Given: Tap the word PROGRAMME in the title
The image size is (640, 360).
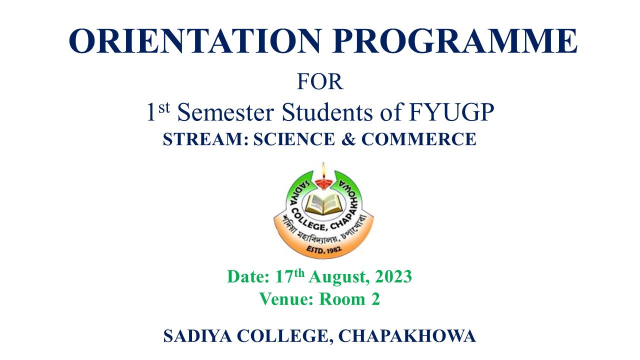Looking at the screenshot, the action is pyautogui.click(x=454, y=40).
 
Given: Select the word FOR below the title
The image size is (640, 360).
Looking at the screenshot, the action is pyautogui.click(x=320, y=82).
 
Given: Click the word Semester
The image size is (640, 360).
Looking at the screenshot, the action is pyautogui.click(x=225, y=112).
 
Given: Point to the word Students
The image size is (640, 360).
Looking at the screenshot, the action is pyautogui.click(x=327, y=112).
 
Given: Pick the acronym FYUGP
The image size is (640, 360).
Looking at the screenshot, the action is pyautogui.click(x=451, y=112).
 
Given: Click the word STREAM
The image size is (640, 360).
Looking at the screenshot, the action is pyautogui.click(x=205, y=139).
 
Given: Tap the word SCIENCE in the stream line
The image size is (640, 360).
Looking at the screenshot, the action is pyautogui.click(x=294, y=139).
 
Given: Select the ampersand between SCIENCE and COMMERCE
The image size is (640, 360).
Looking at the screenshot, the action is pyautogui.click(x=348, y=139).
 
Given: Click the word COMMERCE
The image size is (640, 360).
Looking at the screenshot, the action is pyautogui.click(x=419, y=139).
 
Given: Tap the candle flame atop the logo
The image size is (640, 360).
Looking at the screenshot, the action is pyautogui.click(x=323, y=170).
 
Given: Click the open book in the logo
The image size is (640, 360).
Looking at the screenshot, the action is pyautogui.click(x=323, y=203).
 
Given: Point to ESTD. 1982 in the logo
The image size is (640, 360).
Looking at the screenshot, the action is pyautogui.click(x=324, y=249).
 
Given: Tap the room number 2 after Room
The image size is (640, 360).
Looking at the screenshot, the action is pyautogui.click(x=375, y=299).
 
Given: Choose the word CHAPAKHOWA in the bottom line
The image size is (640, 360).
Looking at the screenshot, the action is pyautogui.click(x=407, y=336).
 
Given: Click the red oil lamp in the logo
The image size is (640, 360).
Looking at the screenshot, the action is pyautogui.click(x=323, y=183).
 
